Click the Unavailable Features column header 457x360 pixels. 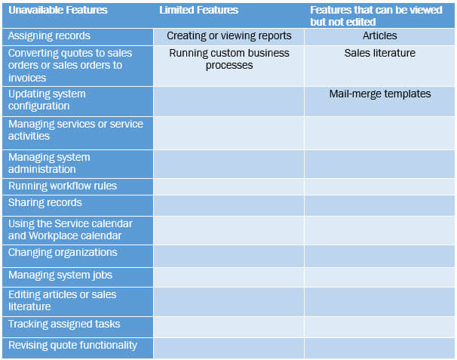click(58, 11)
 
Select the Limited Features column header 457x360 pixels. click(198, 11)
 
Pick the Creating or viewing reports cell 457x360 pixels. click(228, 35)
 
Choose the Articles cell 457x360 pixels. click(380, 35)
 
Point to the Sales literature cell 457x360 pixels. click(379, 53)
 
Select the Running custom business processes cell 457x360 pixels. click(228, 59)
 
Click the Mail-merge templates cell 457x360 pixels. click(380, 94)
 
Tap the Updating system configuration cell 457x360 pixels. click(47, 100)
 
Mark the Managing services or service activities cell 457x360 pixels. click(75, 130)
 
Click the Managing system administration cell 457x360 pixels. click(49, 163)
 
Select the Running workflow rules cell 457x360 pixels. click(63, 186)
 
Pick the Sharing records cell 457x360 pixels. click(45, 203)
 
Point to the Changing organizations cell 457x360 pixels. click(63, 253)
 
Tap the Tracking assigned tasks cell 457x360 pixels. click(64, 325)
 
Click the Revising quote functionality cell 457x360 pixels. click(72, 345)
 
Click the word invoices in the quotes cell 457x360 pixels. click(26, 76)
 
